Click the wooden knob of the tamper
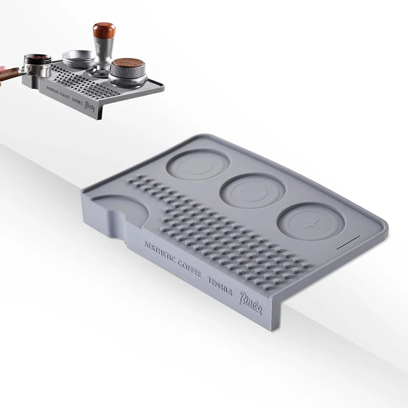pyautogui.click(x=104, y=31)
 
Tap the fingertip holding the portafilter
pyautogui.click(x=2, y=69)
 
